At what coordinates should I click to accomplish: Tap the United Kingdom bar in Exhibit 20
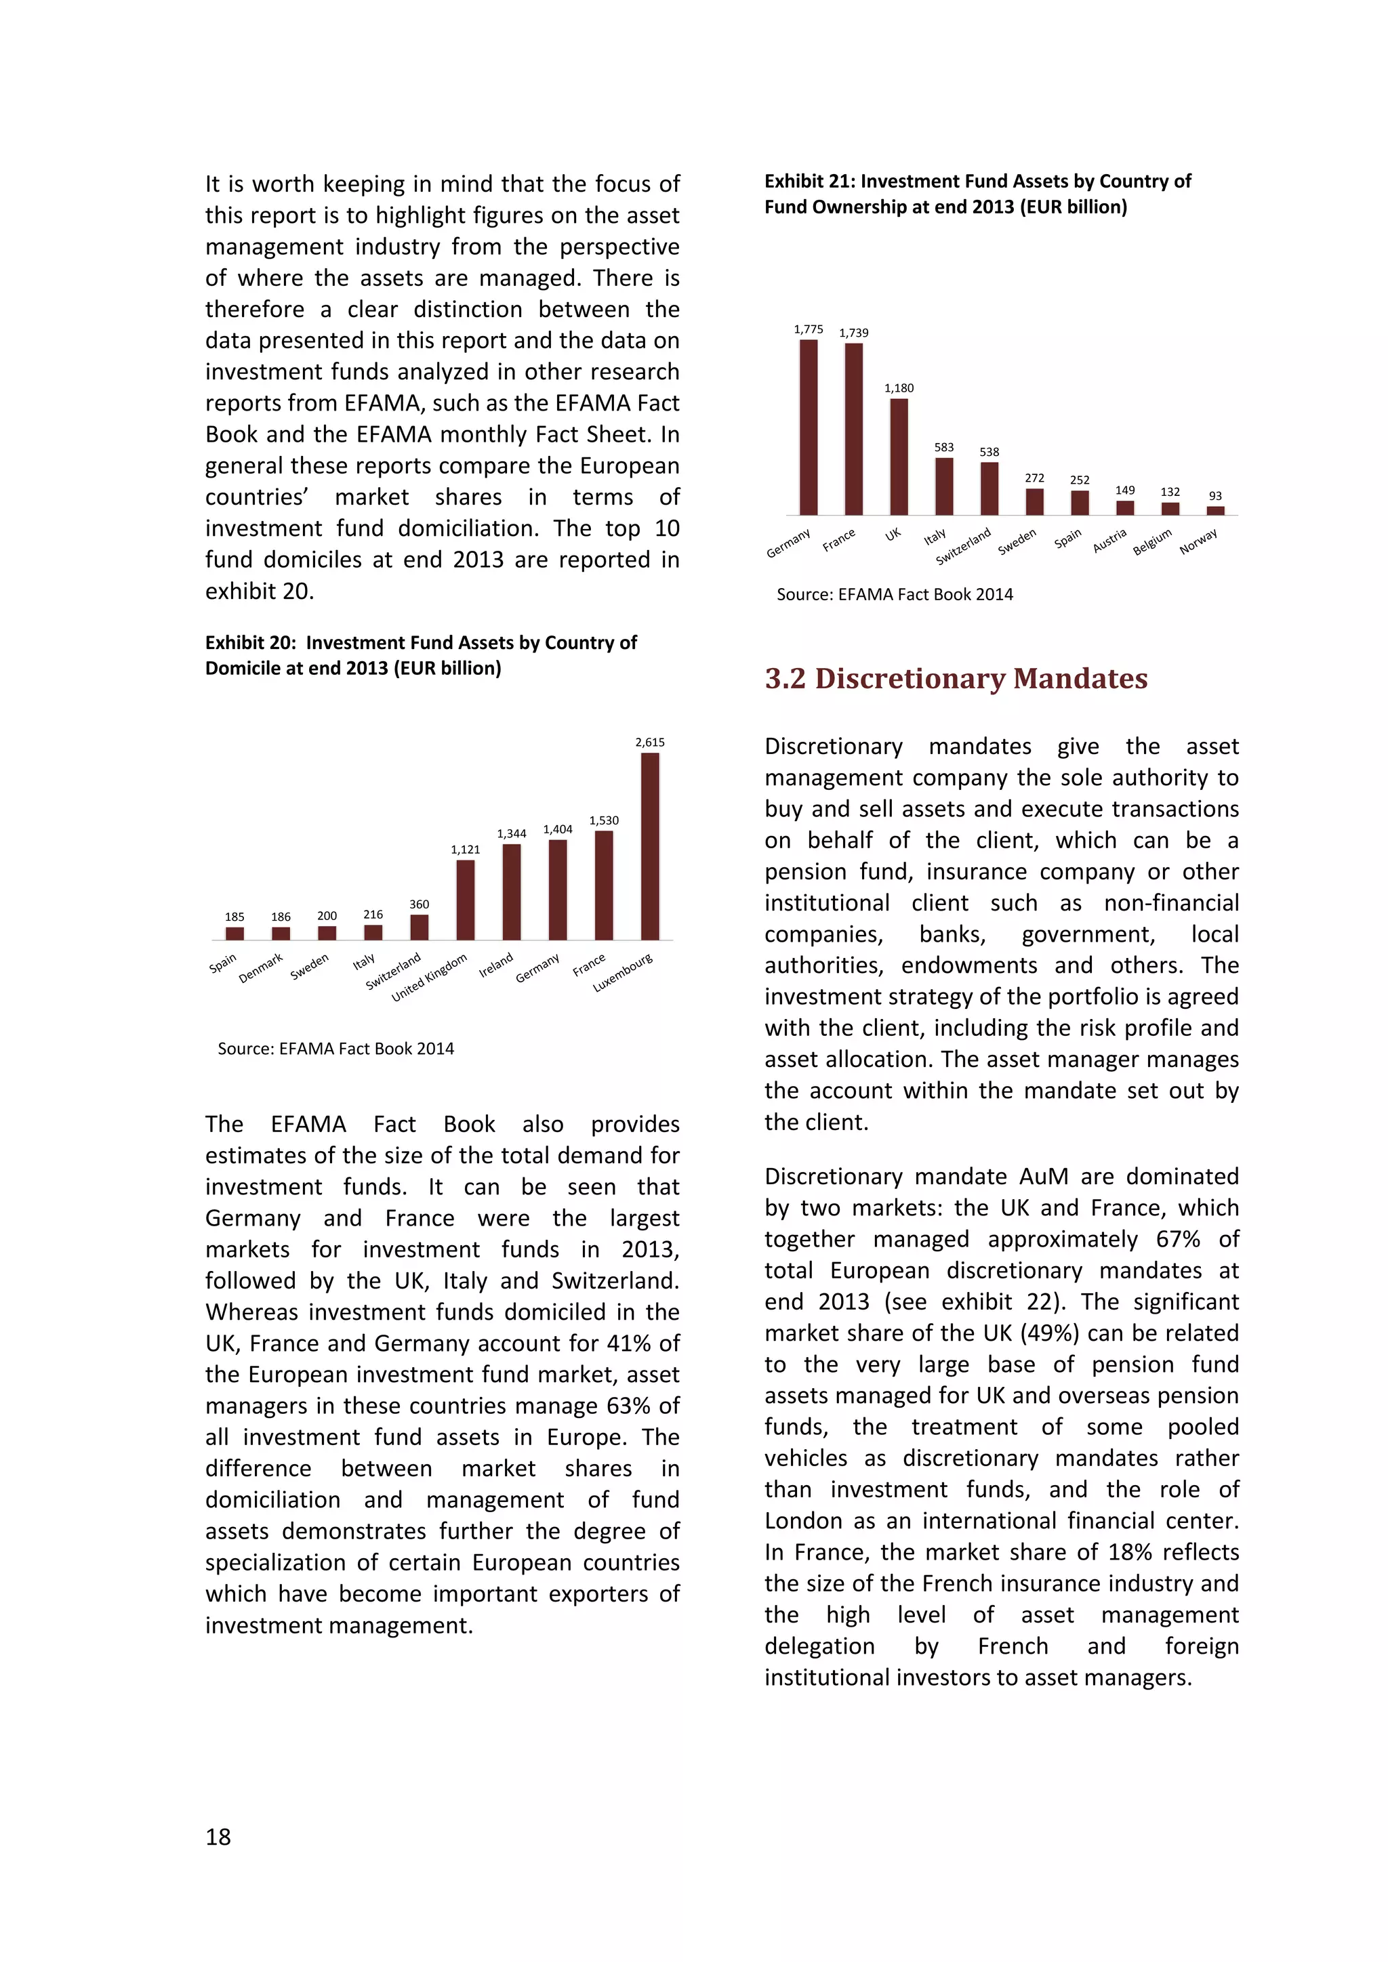click(x=465, y=900)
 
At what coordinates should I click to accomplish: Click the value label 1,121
click(x=465, y=850)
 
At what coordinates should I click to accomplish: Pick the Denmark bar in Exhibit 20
click(x=281, y=933)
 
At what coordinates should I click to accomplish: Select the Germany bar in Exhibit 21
click(x=809, y=427)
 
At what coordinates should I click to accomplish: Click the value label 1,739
click(x=853, y=333)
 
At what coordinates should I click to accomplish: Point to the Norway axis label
click(x=1198, y=541)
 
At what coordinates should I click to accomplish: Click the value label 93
click(x=1215, y=497)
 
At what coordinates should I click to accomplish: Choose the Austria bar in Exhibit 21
click(x=1125, y=507)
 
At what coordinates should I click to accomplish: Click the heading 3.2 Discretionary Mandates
click(x=956, y=678)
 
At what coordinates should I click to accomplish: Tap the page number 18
click(x=218, y=1837)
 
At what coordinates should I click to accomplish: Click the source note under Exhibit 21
click(x=894, y=595)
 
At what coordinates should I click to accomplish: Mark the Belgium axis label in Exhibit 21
click(x=1152, y=542)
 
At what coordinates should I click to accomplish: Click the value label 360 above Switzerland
click(x=419, y=904)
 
